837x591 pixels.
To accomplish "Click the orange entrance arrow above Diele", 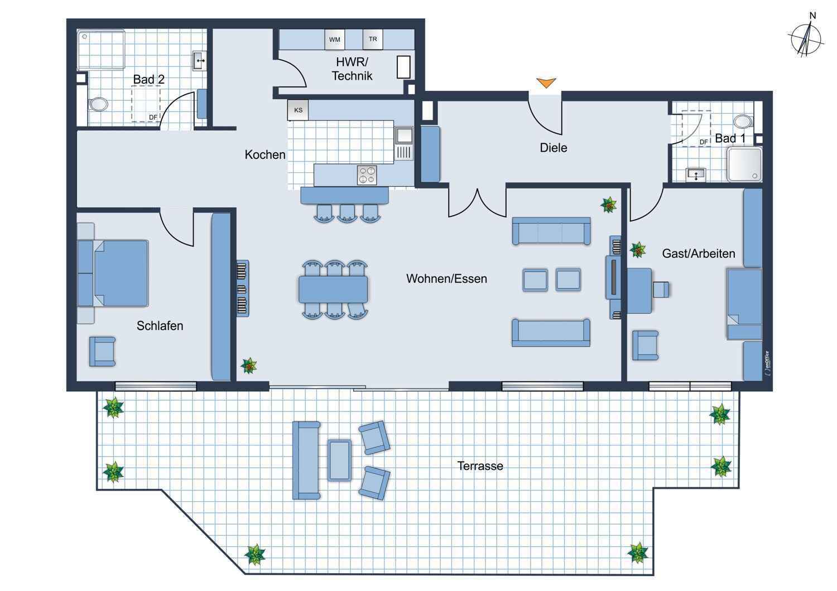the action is click(x=546, y=83).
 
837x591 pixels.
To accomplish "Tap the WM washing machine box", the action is click(x=335, y=40).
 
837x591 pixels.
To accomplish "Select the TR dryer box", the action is click(x=373, y=39).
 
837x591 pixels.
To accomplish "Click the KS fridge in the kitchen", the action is click(x=298, y=110).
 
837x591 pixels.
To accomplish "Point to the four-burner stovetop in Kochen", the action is click(x=367, y=175).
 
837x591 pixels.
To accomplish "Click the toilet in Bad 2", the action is click(x=99, y=104).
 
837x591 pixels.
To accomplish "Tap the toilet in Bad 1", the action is click(x=743, y=122).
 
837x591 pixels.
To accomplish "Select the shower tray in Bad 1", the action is click(x=744, y=164).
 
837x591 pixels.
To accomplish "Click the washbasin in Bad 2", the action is click(x=200, y=61).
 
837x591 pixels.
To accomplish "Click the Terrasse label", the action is click(x=480, y=466).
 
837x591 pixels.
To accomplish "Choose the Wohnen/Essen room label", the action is click(x=446, y=279).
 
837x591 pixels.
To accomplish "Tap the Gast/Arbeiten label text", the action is click(x=699, y=254).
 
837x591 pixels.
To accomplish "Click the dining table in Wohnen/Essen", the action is click(x=333, y=289).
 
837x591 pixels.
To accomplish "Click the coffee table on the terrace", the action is click(x=339, y=460).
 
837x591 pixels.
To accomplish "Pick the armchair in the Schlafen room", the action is click(x=102, y=352).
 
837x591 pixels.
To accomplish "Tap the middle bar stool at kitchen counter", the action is click(x=347, y=214).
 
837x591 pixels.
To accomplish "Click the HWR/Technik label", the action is click(x=352, y=69).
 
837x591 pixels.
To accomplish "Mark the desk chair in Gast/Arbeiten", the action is click(x=661, y=290).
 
